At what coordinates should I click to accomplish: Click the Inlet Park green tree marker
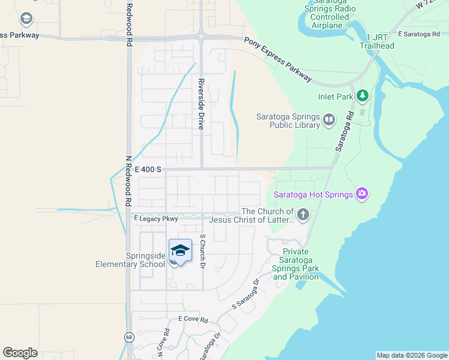[x=362, y=95]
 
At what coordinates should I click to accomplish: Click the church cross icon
[x=303, y=215]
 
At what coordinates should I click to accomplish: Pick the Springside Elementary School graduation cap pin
[x=180, y=251]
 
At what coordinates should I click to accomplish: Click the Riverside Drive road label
[x=202, y=104]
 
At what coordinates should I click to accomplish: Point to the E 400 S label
[x=148, y=170]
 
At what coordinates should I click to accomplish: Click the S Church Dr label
[x=202, y=251]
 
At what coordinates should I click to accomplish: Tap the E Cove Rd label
[x=193, y=320]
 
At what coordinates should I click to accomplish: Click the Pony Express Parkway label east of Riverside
[x=278, y=59]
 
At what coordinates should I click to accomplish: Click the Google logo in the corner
[x=20, y=353]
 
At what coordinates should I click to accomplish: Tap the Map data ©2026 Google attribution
[x=412, y=355]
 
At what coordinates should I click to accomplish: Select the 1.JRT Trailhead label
[x=376, y=41]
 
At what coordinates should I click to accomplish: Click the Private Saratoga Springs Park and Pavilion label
[x=295, y=264]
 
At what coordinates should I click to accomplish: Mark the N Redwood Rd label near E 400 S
[x=128, y=182]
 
